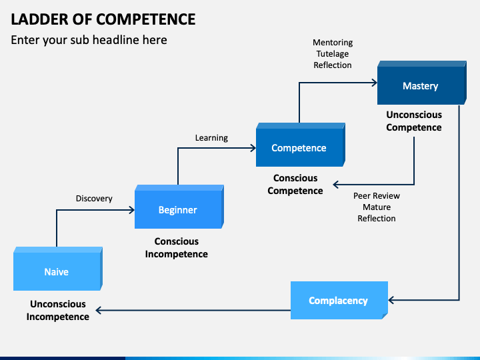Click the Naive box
click(58, 269)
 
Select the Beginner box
click(179, 207)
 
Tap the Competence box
click(300, 145)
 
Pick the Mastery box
click(422, 83)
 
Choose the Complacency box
click(339, 300)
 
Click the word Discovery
click(94, 199)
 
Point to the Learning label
click(211, 138)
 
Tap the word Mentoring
click(333, 43)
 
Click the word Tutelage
click(333, 54)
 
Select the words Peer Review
click(377, 195)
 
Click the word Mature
click(377, 207)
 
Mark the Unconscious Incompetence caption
click(58, 310)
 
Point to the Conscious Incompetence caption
click(177, 247)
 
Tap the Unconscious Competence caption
click(414, 121)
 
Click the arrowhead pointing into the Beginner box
click(131, 210)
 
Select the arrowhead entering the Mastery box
click(374, 83)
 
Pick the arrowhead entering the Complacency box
click(391, 300)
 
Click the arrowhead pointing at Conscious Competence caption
click(336, 185)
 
